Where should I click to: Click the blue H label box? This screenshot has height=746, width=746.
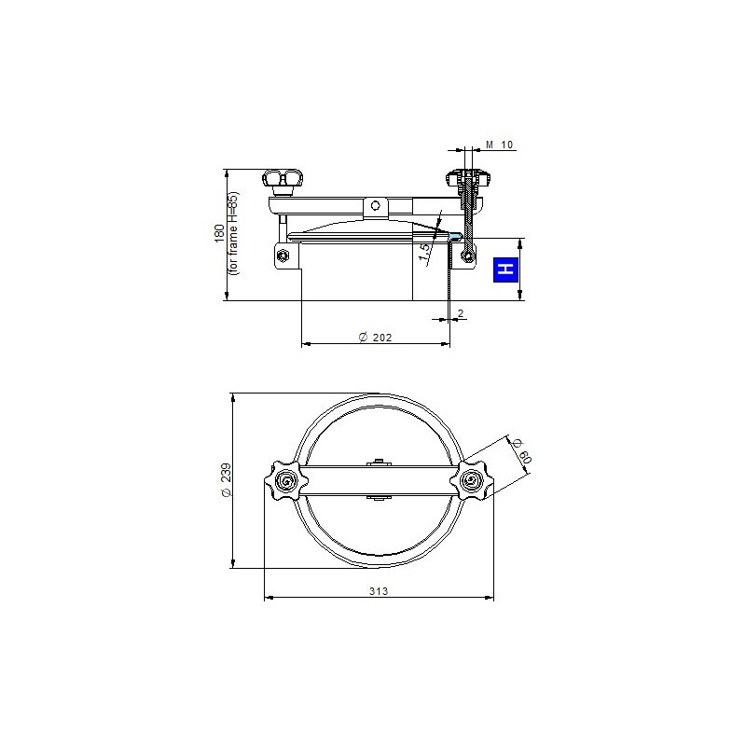[505, 269]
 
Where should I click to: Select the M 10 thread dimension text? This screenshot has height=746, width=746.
[499, 145]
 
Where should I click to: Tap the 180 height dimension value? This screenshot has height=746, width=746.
[219, 233]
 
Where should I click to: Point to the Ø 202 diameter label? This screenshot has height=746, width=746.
[376, 338]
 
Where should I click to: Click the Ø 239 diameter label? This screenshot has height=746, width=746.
[227, 480]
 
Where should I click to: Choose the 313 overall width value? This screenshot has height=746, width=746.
[379, 591]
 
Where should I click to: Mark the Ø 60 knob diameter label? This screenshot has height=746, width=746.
[521, 451]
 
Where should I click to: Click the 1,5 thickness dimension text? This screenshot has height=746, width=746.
[424, 252]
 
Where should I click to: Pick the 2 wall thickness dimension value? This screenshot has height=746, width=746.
[461, 313]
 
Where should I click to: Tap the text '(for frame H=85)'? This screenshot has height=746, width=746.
[234, 233]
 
